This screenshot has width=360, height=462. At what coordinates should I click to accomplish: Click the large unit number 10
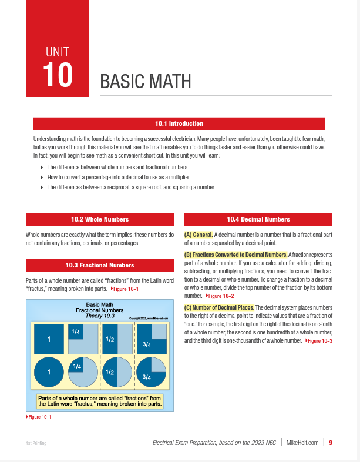pyautogui.click(x=58, y=75)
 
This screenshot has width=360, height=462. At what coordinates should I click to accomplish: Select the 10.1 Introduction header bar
pyautogui.click(x=179, y=123)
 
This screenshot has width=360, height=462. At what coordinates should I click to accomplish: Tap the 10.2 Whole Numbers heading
pyautogui.click(x=100, y=219)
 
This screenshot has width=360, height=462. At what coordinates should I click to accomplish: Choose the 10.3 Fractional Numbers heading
pyautogui.click(x=100, y=265)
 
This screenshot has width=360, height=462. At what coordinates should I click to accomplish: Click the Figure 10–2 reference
pyautogui.click(x=220, y=296)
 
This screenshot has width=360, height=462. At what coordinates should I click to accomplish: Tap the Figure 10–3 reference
pyautogui.click(x=319, y=340)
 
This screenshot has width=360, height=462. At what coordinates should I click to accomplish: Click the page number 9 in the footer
pyautogui.click(x=331, y=443)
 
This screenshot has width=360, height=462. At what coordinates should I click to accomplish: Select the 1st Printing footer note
pyautogui.click(x=36, y=443)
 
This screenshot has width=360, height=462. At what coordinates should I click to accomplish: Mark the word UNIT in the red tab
pyautogui.click(x=58, y=52)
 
